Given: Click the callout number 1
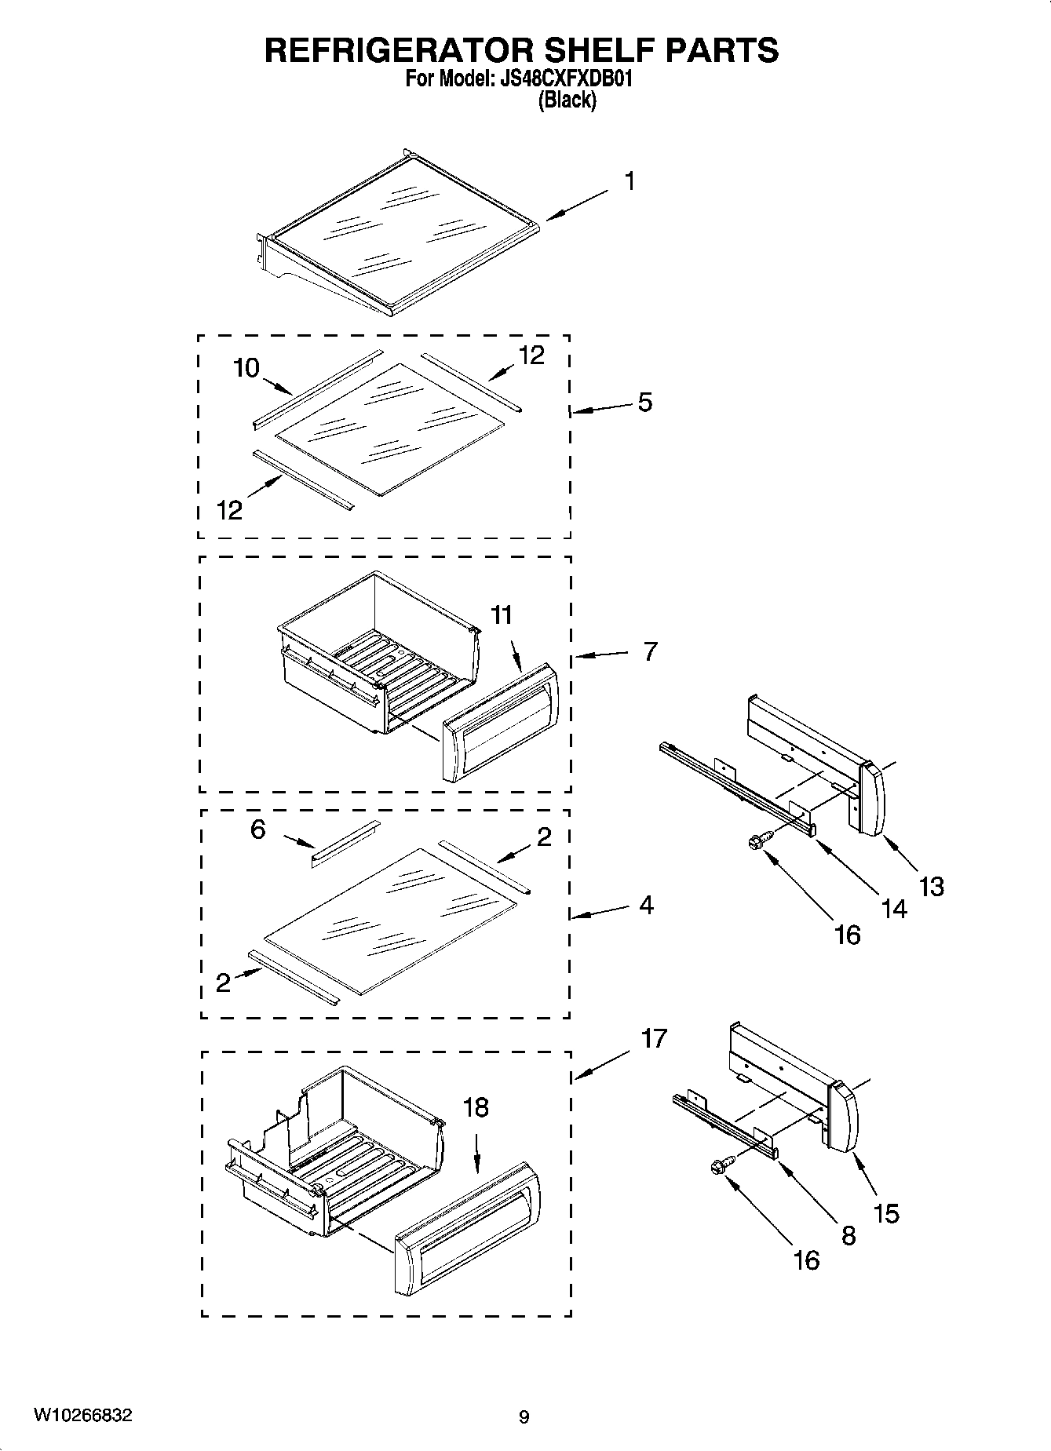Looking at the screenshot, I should pos(630,181).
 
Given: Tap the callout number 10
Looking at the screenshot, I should pos(246,367).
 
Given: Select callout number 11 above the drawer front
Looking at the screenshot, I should pos(502,614).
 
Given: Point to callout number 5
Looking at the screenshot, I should pos(644,403).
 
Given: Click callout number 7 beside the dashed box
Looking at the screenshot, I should pos(650,651).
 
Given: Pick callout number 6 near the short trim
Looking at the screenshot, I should pos(258,829).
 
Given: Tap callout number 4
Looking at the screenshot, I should pos(646,905).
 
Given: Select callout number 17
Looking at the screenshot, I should pos(653,1038).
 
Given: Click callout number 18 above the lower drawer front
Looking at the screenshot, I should pos(476,1107).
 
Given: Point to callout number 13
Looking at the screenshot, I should pos(931,887).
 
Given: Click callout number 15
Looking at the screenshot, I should pos(886,1213).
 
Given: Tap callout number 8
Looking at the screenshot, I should pos(848,1236).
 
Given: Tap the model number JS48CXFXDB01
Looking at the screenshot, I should pos(565,79).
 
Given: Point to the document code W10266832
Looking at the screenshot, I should pos(82,1415).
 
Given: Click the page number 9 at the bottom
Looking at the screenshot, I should pos(524,1417).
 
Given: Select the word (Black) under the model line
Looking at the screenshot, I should pos(566,100).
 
